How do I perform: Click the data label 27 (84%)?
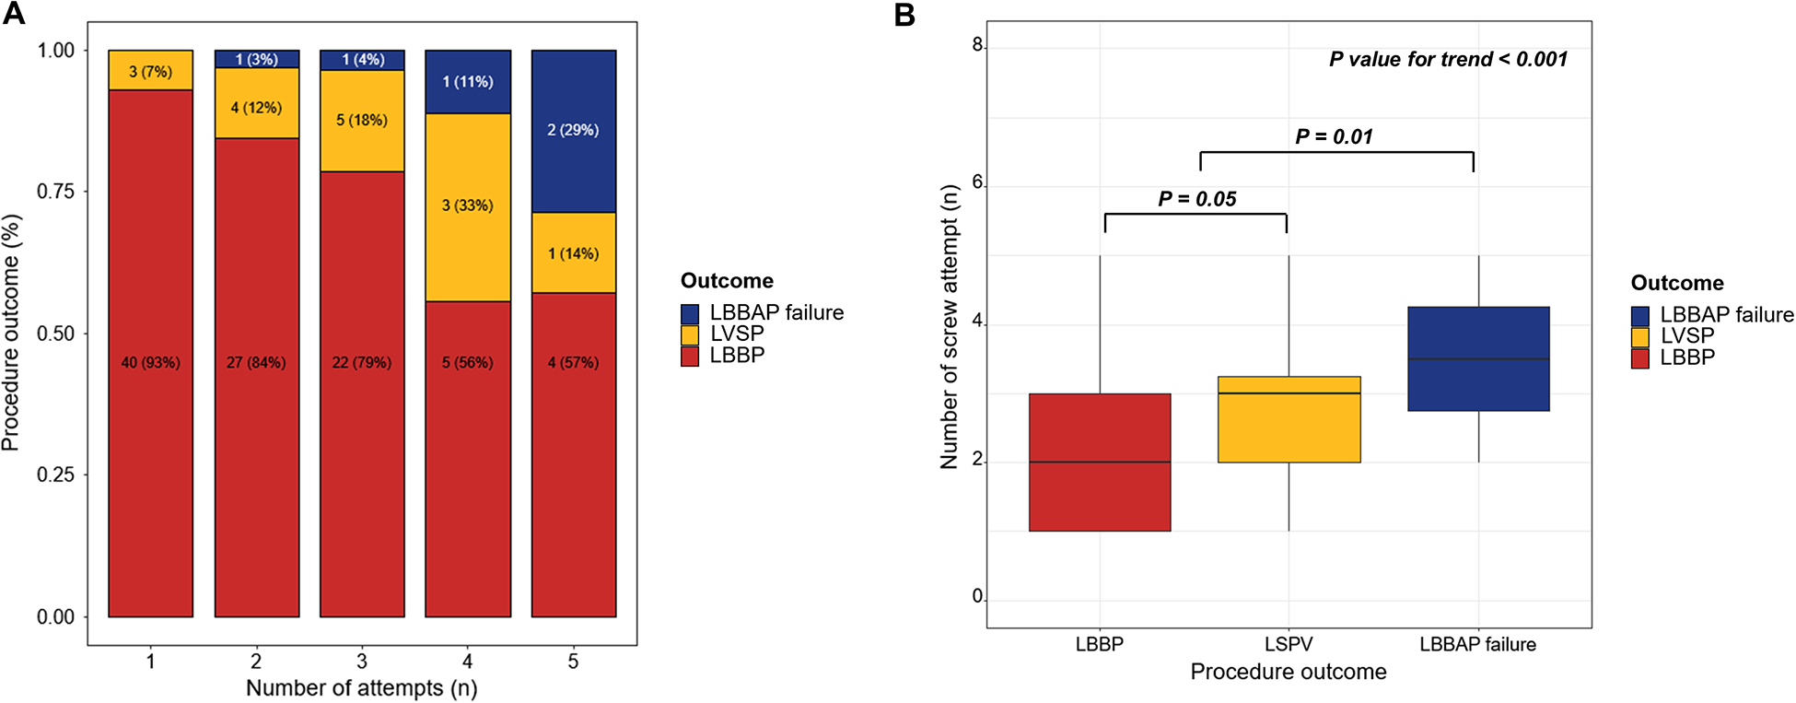tap(256, 363)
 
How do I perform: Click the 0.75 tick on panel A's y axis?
tap(55, 192)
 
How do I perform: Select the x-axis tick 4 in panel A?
tap(467, 662)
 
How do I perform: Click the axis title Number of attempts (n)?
tap(361, 688)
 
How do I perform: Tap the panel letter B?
tap(904, 16)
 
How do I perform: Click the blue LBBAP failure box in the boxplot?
tap(1478, 358)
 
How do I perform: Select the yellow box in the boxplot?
tap(1289, 419)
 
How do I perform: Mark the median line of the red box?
tap(1100, 462)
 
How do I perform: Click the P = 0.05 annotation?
tap(1196, 199)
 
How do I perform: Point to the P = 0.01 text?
tap(1334, 137)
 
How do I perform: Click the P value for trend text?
tap(1448, 60)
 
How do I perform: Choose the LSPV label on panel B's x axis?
tap(1288, 645)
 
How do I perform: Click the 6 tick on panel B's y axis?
tap(978, 183)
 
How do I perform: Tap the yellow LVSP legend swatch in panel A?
tap(690, 334)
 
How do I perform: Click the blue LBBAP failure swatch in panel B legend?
tap(1639, 315)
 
